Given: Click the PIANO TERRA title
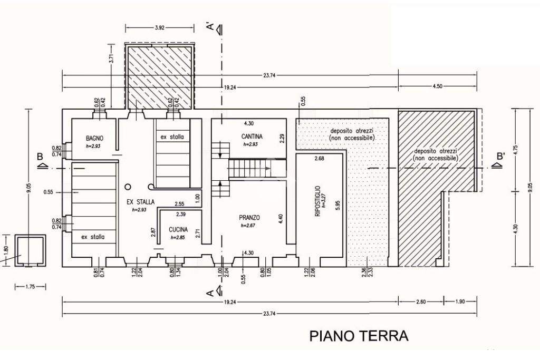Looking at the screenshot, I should click(x=359, y=336).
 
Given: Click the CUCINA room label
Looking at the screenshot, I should click(x=179, y=230).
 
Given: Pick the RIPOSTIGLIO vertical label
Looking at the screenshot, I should click(x=317, y=201).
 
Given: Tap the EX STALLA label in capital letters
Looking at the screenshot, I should click(x=141, y=202).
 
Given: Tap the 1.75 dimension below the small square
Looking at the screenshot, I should click(x=30, y=287).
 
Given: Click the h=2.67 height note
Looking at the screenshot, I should click(x=248, y=226).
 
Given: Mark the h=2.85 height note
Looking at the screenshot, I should click(x=178, y=238).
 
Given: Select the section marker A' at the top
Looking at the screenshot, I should click(x=210, y=25).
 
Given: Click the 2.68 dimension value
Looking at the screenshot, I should click(x=319, y=159).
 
